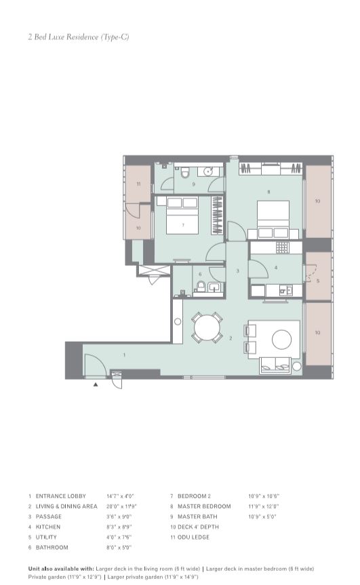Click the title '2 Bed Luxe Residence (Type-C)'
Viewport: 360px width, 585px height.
click(79, 37)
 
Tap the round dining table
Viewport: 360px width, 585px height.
click(206, 329)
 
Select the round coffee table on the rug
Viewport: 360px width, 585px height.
click(281, 338)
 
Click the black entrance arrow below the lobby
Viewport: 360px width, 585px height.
click(96, 384)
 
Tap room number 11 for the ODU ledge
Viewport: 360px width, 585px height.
click(138, 184)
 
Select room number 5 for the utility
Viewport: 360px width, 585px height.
click(317, 281)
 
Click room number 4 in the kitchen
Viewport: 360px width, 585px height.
click(276, 268)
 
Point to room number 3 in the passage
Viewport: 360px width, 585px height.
click(237, 271)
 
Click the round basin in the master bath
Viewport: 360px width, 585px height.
click(211, 171)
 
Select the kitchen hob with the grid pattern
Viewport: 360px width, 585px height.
click(281, 247)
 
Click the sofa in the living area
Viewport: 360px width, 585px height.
click(279, 366)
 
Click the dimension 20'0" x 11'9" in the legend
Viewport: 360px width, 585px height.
click(121, 506)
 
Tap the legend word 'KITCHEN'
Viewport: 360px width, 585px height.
click(48, 527)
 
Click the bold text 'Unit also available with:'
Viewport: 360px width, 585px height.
click(61, 569)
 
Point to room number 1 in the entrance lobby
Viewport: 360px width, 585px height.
click(124, 355)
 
